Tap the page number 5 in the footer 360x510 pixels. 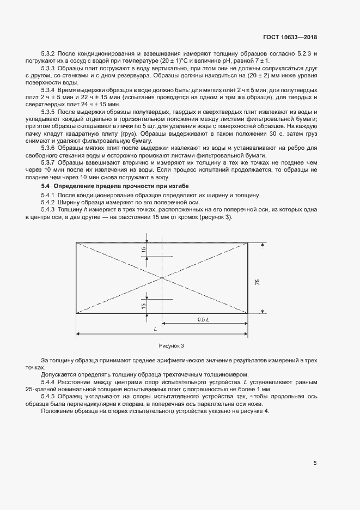[x=315, y=463]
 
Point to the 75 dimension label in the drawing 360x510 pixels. [x=257, y=282]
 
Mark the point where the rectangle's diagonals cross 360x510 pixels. [x=162, y=278]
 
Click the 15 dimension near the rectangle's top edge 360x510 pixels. [x=144, y=250]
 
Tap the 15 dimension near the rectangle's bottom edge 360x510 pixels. [x=144, y=306]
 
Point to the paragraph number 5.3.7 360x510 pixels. [x=49, y=163]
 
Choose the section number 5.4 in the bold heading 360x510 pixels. [x=46, y=186]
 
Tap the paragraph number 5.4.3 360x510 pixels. [x=49, y=210]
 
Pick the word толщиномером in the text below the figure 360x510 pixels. [x=228, y=374]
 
